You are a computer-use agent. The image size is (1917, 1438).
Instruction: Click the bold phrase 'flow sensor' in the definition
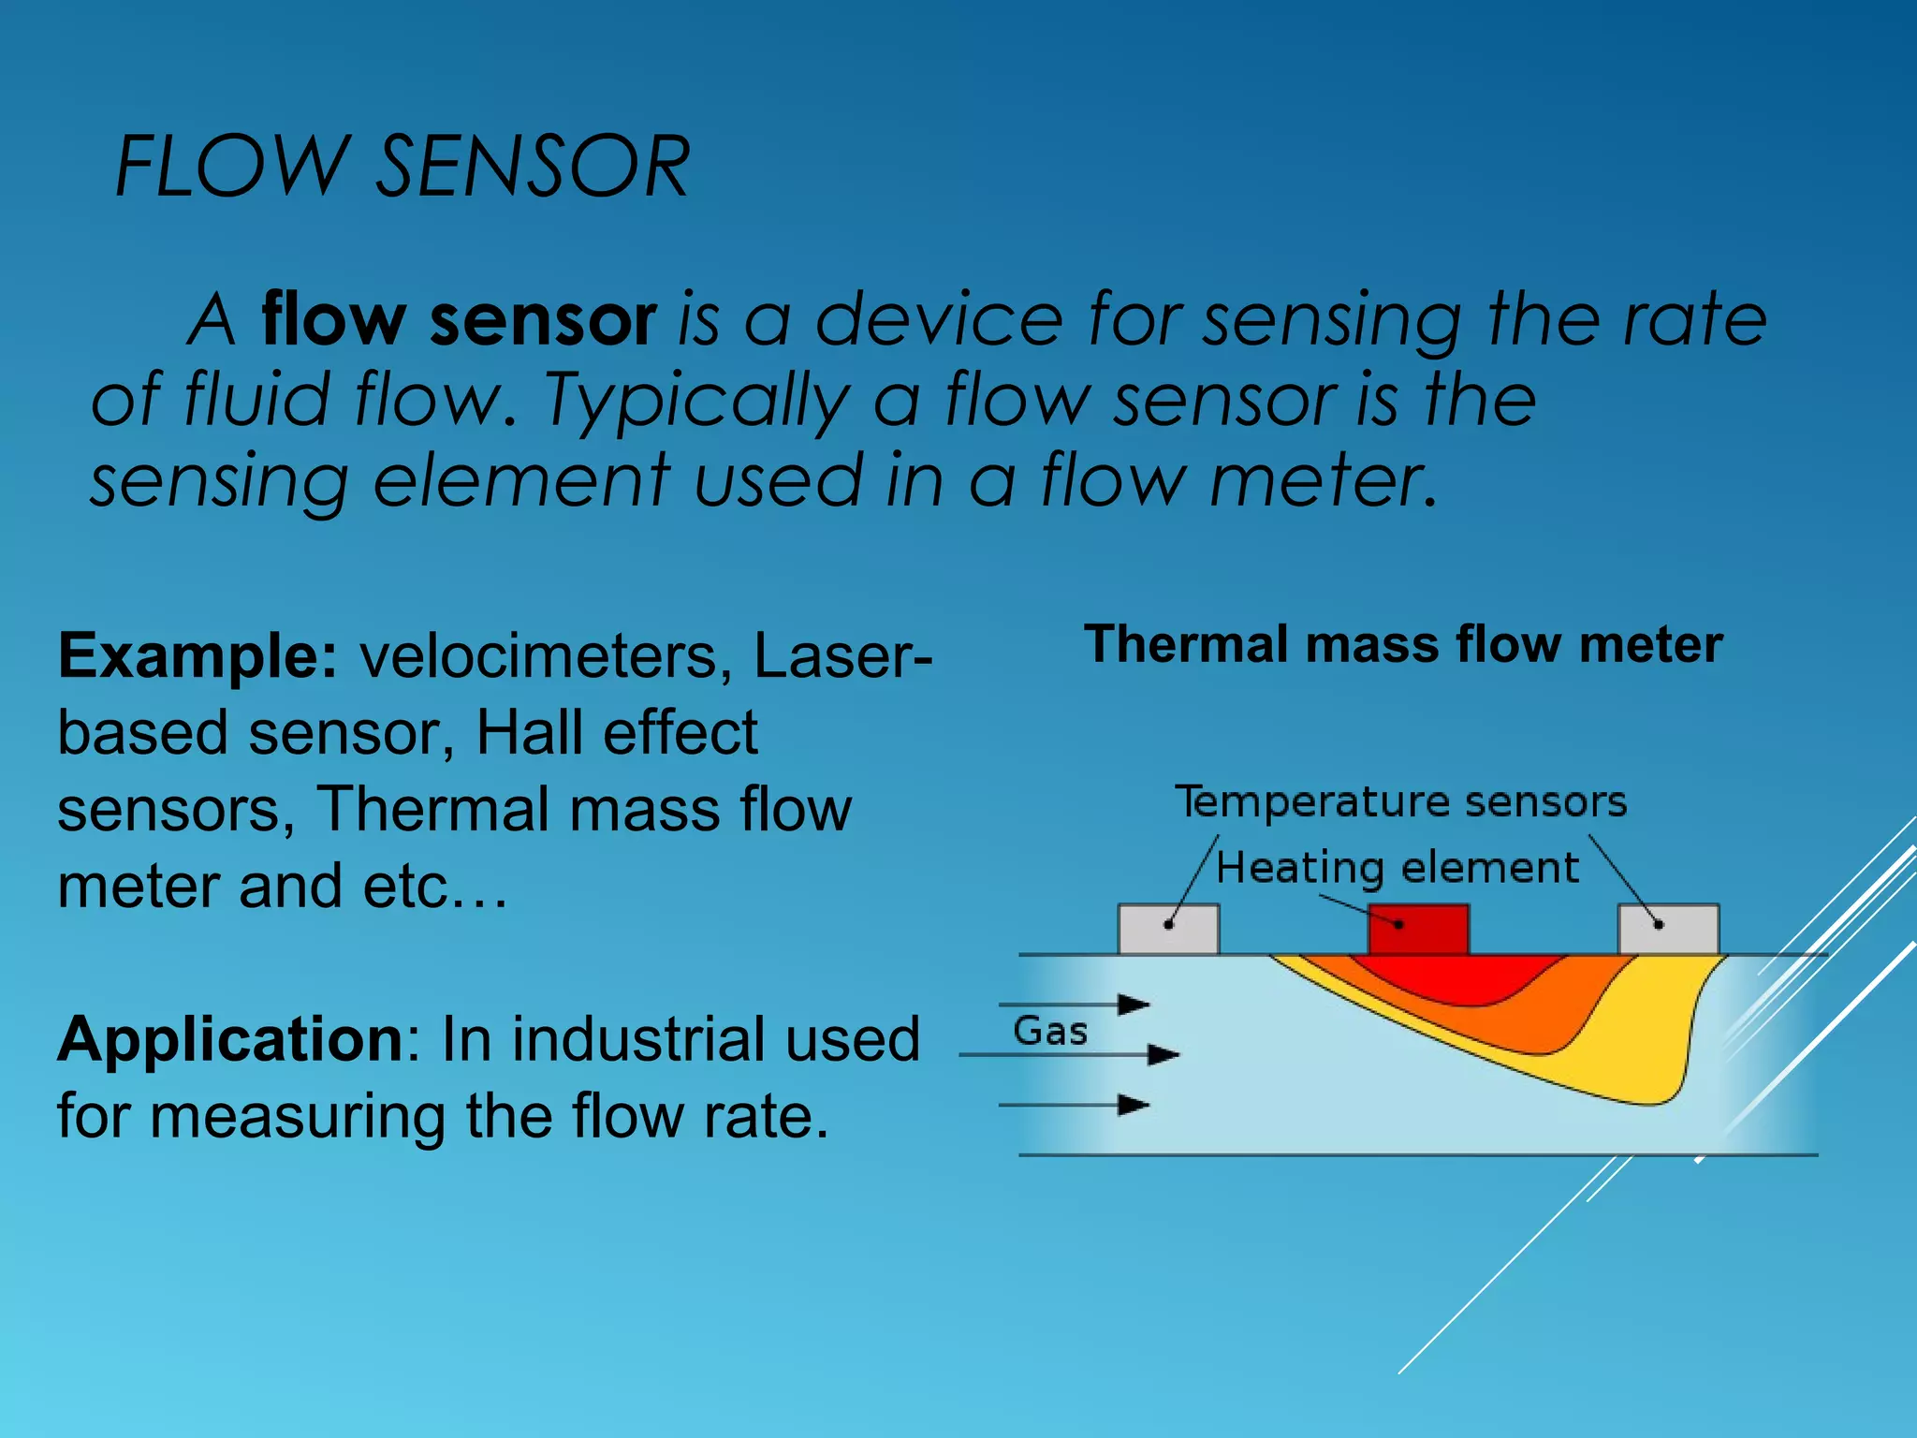(x=458, y=320)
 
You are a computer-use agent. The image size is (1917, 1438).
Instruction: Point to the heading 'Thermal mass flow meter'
(x=1403, y=645)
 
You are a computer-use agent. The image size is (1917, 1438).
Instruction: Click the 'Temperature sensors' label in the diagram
(x=1401, y=802)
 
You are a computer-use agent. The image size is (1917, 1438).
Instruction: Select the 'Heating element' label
(x=1397, y=868)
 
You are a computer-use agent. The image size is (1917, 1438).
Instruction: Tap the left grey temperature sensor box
(x=1168, y=930)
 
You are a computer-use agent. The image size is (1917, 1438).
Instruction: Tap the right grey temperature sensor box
(x=1668, y=930)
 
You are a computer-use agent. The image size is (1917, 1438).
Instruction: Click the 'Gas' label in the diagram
(x=1050, y=1032)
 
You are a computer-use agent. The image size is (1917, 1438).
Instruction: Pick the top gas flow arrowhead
(x=1134, y=1005)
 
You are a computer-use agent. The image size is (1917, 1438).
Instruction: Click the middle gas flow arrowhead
(x=1163, y=1055)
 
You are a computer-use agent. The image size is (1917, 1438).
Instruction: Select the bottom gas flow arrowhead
(x=1134, y=1106)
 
